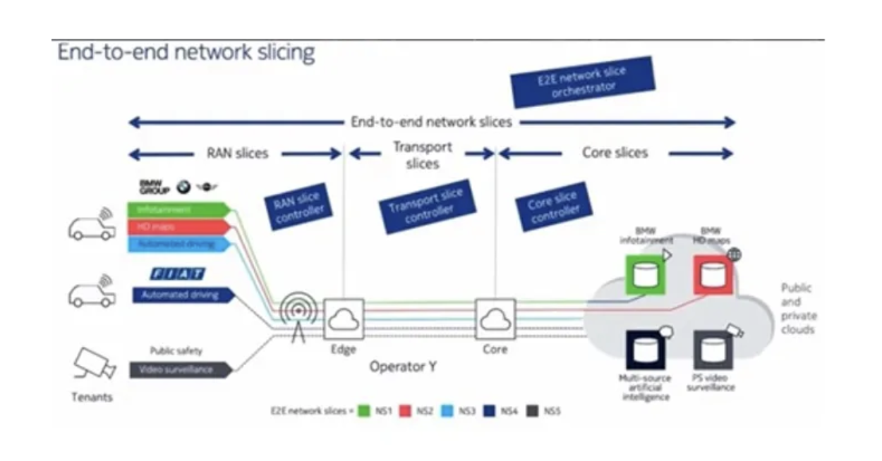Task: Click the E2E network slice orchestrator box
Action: pyautogui.click(x=583, y=82)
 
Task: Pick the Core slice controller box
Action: pyautogui.click(x=554, y=207)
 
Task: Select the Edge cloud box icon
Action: pyautogui.click(x=344, y=319)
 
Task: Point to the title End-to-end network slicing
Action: pyautogui.click(x=186, y=53)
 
